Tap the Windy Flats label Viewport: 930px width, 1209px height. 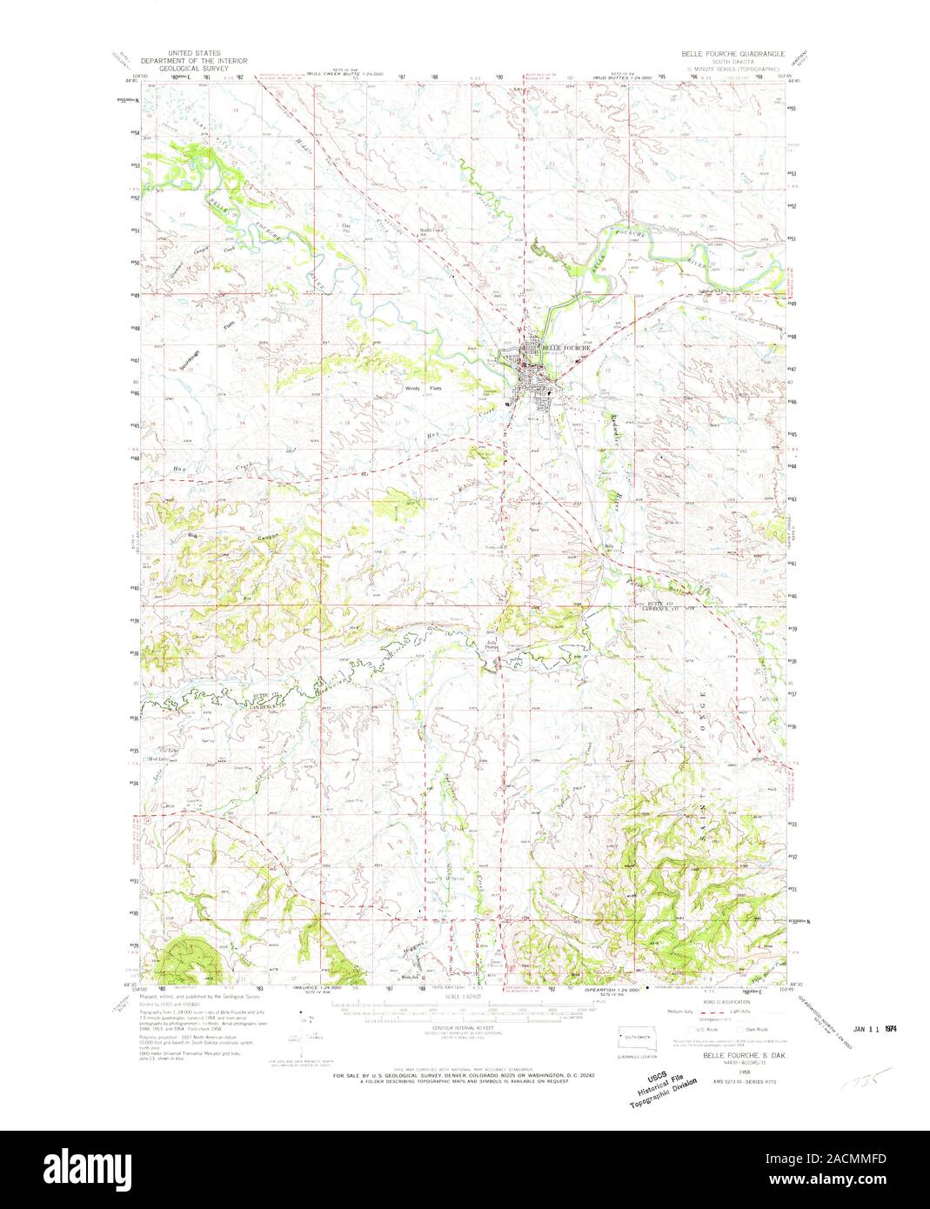coord(419,389)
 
